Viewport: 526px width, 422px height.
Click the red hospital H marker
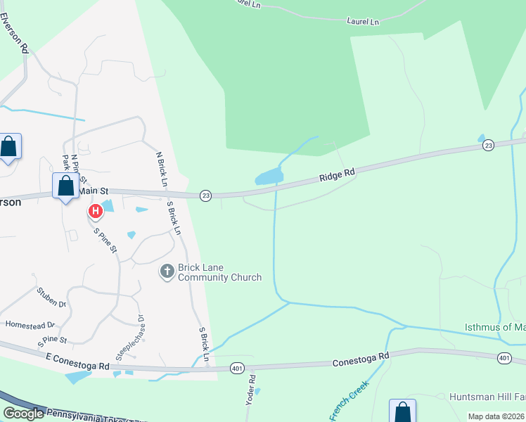[x=95, y=211]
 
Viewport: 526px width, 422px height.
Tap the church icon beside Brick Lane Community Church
[x=167, y=271]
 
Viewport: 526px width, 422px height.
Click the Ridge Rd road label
[x=339, y=172]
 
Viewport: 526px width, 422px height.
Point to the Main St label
[x=94, y=191]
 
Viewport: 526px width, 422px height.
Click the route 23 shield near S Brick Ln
[x=205, y=195]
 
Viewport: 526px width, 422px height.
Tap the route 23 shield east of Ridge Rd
[x=488, y=145]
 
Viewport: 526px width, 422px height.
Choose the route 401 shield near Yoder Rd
[x=236, y=368]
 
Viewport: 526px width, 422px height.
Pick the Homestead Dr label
[x=30, y=325]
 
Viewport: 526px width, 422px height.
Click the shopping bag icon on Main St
[x=65, y=186]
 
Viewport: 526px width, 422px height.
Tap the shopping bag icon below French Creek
[x=402, y=411]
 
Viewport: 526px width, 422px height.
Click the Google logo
[x=23, y=414]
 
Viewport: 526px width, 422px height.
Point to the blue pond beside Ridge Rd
[x=269, y=177]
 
